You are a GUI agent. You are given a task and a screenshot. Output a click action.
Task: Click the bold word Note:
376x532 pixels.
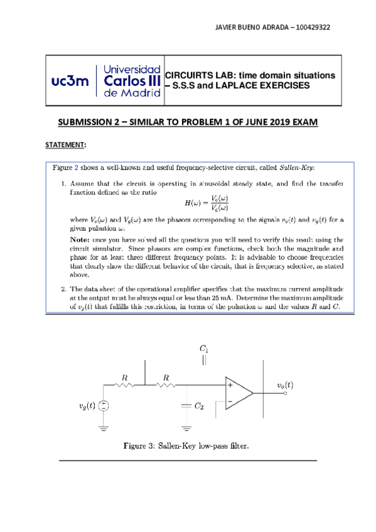[x=80, y=240]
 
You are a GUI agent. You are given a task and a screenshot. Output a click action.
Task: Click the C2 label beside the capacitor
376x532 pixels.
[x=198, y=407]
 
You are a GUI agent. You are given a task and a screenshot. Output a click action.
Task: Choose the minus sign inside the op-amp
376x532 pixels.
[x=230, y=400]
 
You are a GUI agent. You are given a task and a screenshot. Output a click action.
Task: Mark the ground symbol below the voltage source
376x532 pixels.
[x=104, y=429]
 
